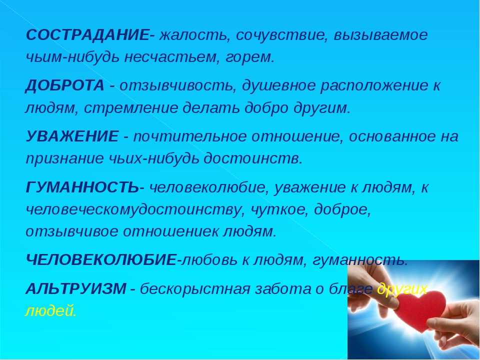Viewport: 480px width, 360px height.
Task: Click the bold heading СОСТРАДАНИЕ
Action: click(87, 35)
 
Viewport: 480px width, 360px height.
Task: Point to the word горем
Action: click(249, 58)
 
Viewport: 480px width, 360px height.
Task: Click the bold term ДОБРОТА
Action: click(64, 85)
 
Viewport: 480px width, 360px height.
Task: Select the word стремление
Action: click(130, 108)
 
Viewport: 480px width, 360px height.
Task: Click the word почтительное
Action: click(190, 136)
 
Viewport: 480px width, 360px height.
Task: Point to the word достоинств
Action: click(253, 158)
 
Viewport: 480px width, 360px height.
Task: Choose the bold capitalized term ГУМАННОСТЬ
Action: click(82, 187)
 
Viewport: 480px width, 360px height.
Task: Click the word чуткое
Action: click(279, 209)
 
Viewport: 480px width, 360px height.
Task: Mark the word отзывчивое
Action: click(71, 231)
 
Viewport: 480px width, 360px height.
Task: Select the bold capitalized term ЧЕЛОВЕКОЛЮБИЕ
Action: click(101, 260)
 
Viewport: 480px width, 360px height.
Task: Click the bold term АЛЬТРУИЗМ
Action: click(75, 288)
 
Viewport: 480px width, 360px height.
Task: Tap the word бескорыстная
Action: click(195, 288)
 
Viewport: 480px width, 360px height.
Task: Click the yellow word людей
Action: click(50, 311)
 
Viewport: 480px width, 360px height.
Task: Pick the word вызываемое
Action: click(380, 35)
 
